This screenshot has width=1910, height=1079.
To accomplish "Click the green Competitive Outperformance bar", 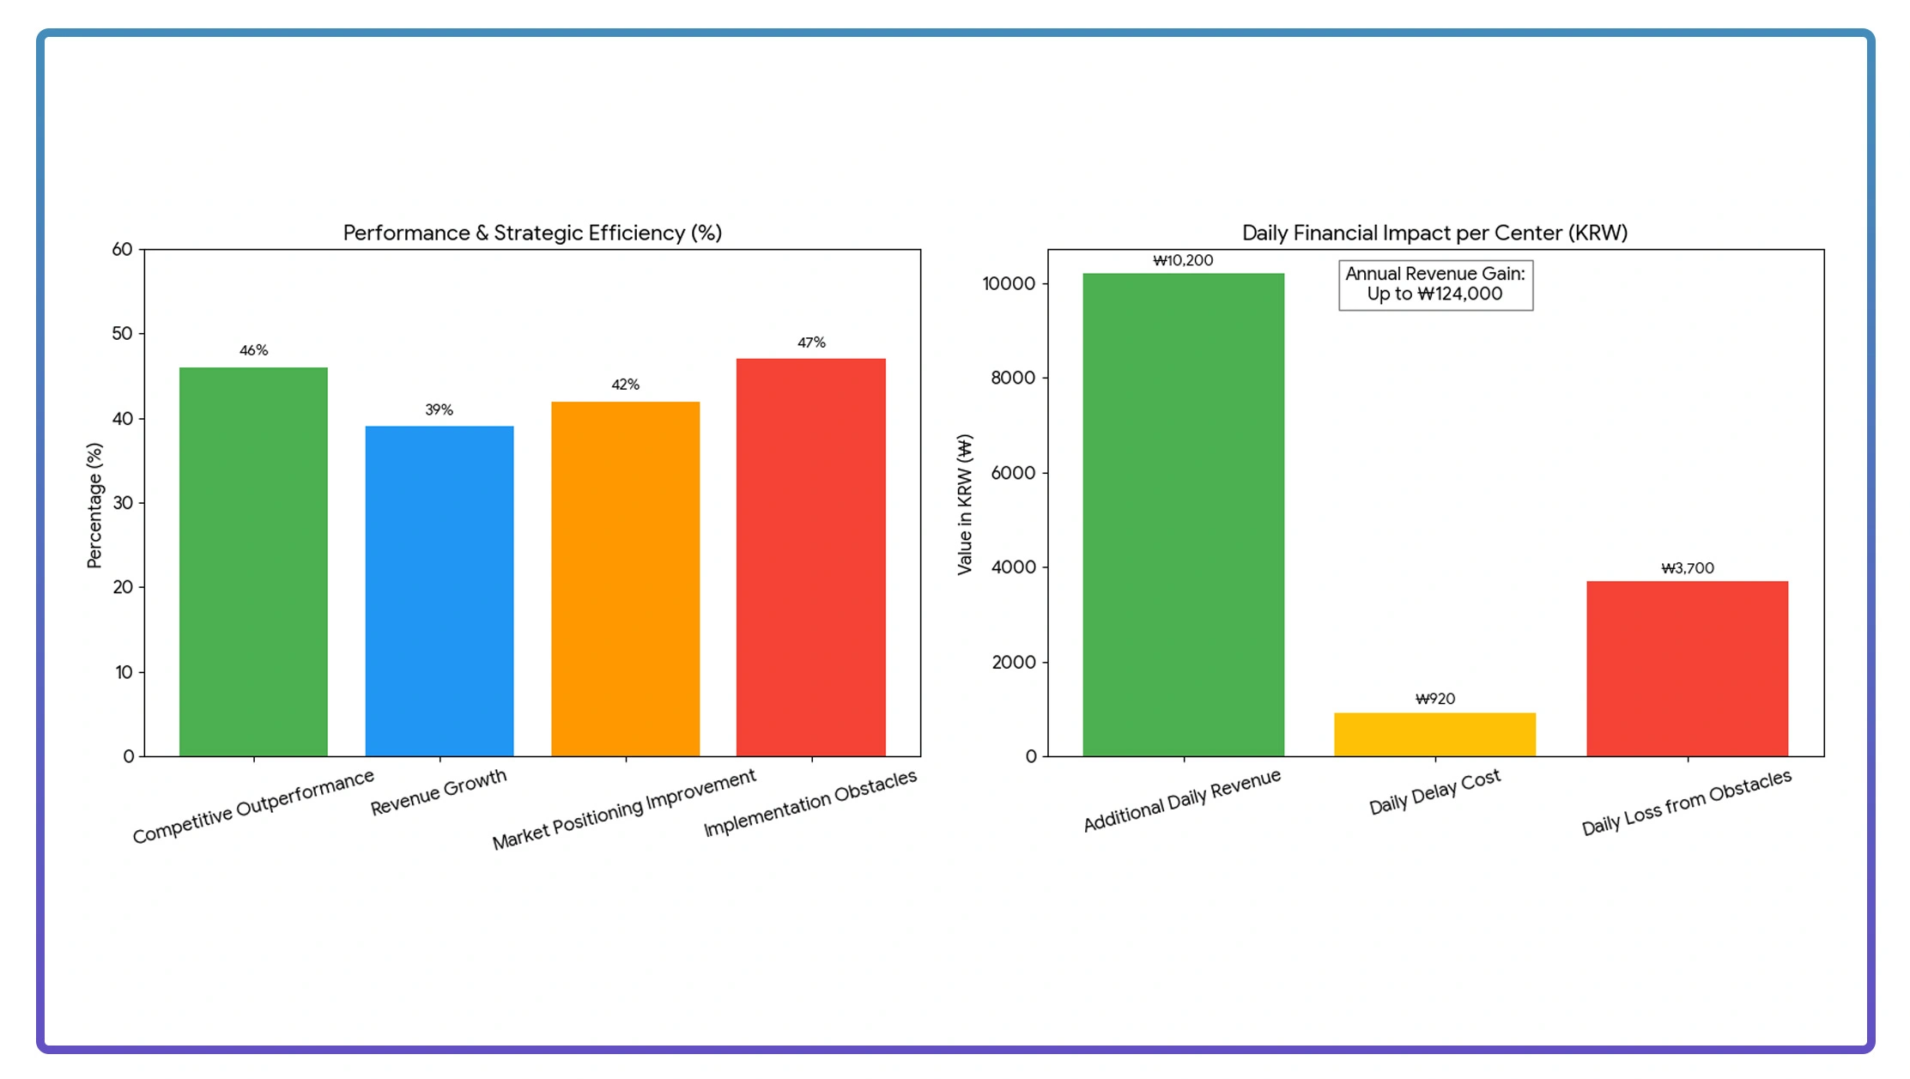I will coord(253,561).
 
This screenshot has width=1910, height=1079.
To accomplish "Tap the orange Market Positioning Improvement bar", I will coord(625,579).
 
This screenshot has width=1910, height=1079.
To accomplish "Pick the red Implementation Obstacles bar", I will coord(811,557).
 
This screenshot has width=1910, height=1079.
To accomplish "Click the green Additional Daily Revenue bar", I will coord(1183,514).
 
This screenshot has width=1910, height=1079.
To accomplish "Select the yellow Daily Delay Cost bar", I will coord(1434,734).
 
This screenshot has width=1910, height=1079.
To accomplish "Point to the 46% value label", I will coord(253,350).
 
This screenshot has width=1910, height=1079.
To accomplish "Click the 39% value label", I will coord(439,409).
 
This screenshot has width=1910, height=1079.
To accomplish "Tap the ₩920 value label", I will coord(1434,699).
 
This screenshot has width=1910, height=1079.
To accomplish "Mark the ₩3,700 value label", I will coord(1687,568).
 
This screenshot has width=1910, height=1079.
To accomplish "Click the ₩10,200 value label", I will coord(1183,260).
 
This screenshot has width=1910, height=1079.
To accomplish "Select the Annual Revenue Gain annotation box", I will coord(1435,284).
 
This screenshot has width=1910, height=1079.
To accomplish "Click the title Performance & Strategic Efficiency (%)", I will coord(532,233).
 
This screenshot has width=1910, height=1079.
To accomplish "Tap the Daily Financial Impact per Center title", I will coord(1434,233).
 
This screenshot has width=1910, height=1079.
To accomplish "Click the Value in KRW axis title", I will coord(965,504).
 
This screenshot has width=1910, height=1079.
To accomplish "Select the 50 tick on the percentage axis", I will coord(123,333).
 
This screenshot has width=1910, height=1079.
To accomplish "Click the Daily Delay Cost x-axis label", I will coord(1434,791).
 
